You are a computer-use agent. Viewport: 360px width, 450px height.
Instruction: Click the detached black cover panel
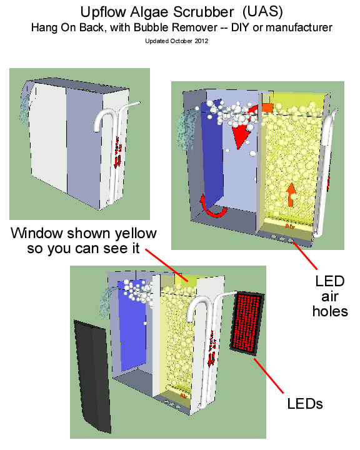click(x=94, y=375)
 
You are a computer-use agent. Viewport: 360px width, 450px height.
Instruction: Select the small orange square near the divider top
click(x=267, y=107)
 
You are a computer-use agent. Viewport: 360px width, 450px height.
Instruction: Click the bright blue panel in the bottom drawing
click(x=132, y=325)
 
